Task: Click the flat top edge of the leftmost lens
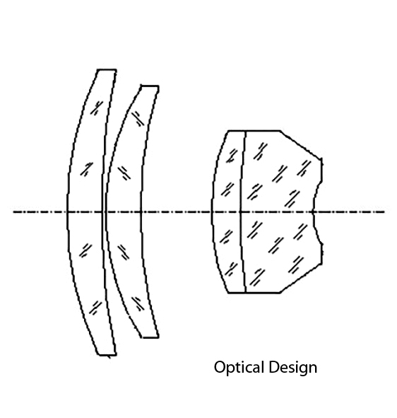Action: pyautogui.click(x=107, y=70)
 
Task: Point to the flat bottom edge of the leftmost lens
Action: pyautogui.click(x=107, y=354)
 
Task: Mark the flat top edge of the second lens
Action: pyautogui.click(x=150, y=86)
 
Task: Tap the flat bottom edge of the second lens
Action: pyautogui.click(x=150, y=337)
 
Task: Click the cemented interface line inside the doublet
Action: pyautogui.click(x=243, y=212)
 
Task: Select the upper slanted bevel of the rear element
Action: pyautogui.click(x=301, y=144)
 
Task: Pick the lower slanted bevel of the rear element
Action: pyautogui.click(x=301, y=279)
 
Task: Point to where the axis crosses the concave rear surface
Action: pyautogui.click(x=313, y=212)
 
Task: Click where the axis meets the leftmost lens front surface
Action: pyautogui.click(x=67, y=212)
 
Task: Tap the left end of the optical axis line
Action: pyautogui.click(x=13, y=212)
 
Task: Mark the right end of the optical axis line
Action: pyautogui.click(x=385, y=212)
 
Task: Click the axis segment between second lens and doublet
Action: pyautogui.click(x=176, y=212)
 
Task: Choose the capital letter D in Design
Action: pyautogui.click(x=273, y=367)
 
